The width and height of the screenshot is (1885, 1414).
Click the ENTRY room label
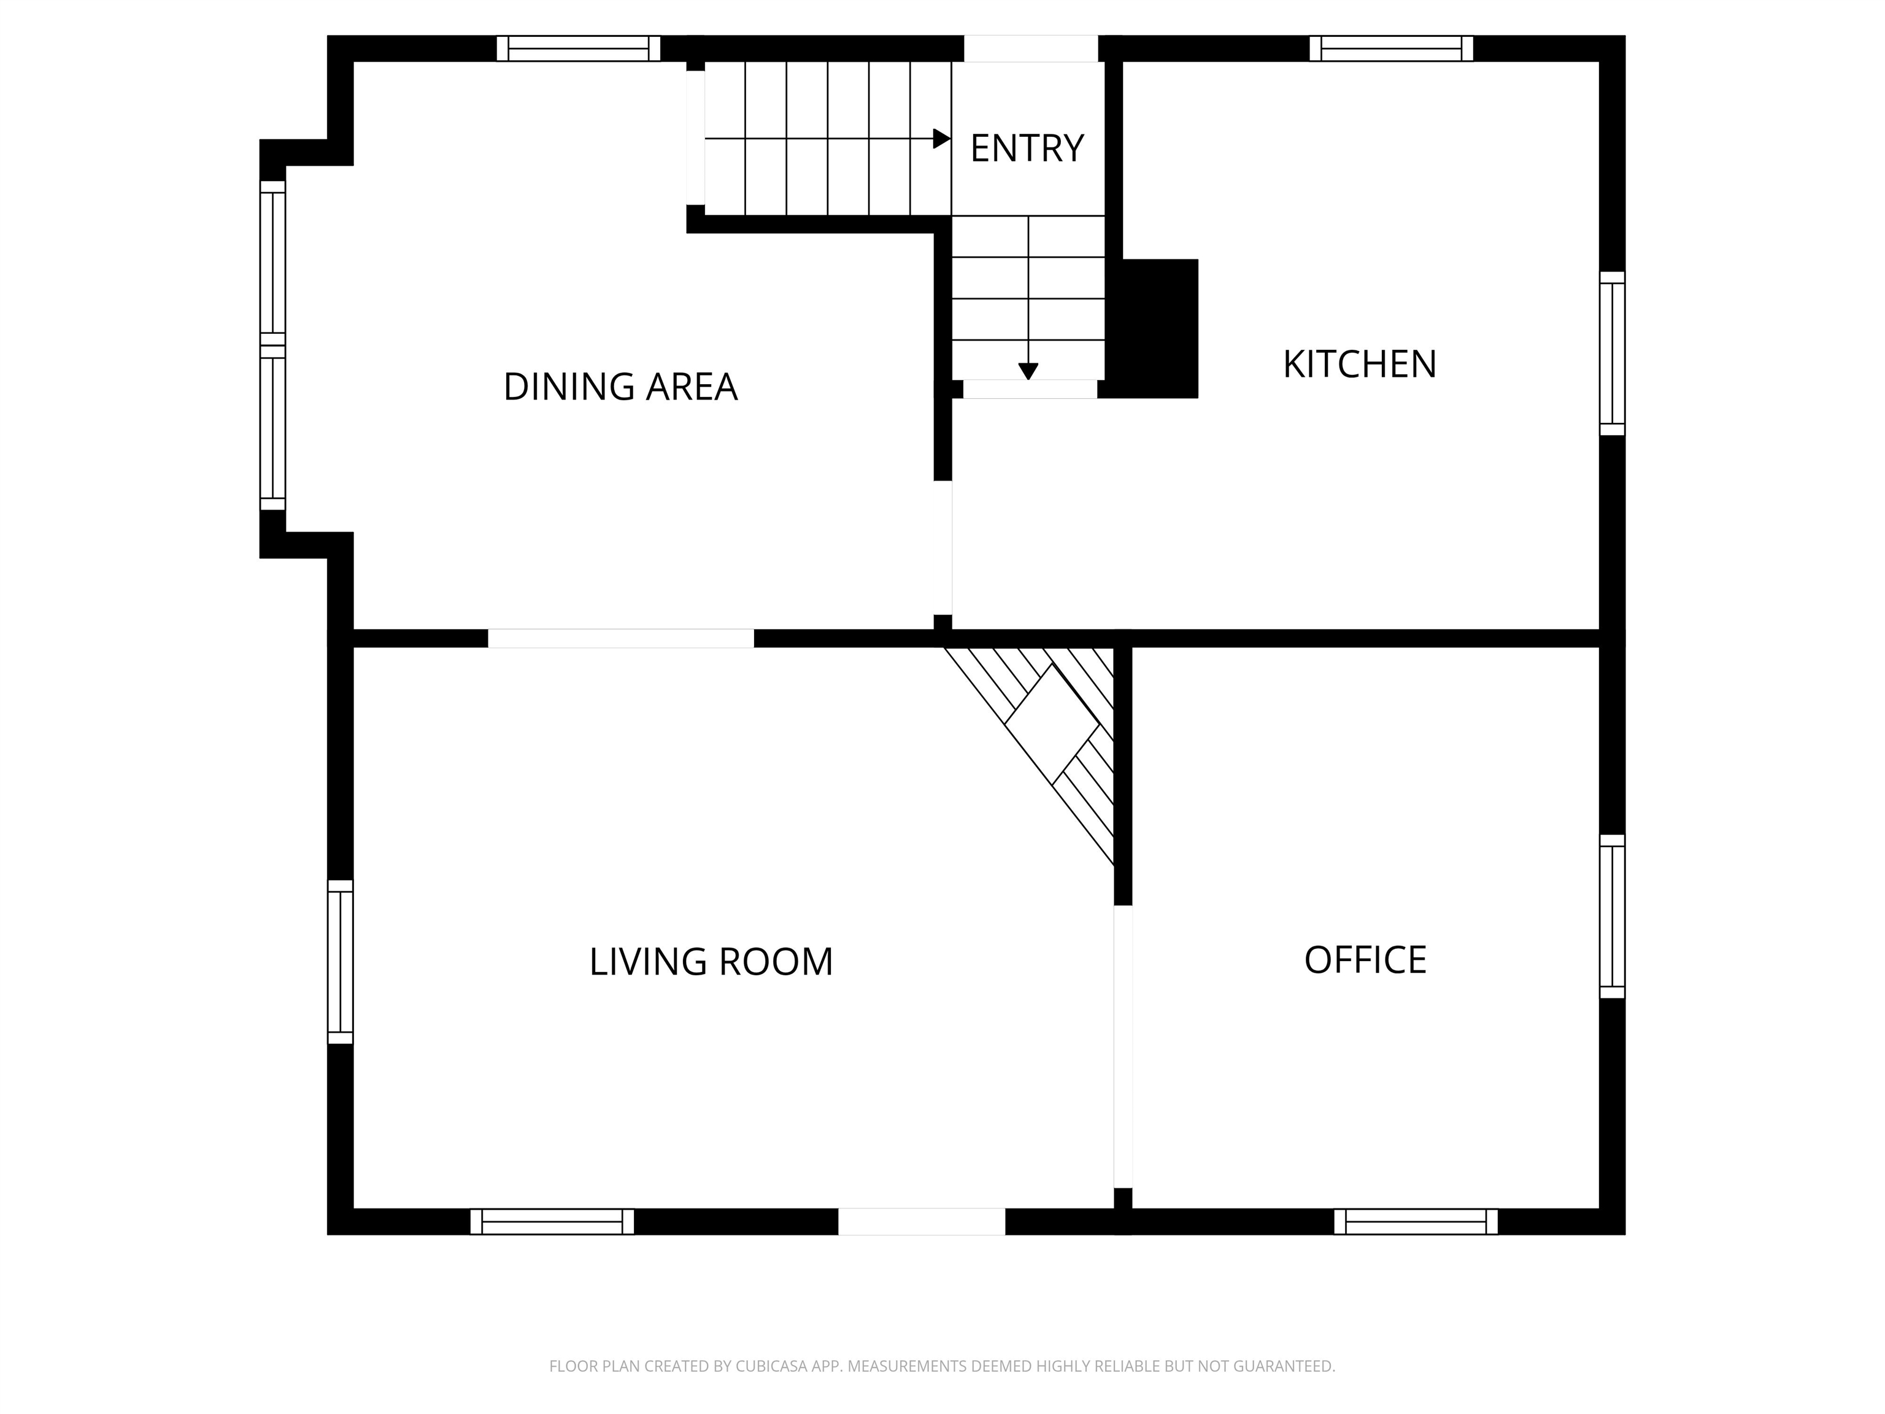pos(1026,149)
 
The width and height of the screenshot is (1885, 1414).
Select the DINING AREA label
pos(620,387)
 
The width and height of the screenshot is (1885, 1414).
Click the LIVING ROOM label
pos(711,962)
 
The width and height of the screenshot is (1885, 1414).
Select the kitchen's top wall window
pos(1391,48)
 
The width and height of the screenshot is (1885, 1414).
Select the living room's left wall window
pos(340,962)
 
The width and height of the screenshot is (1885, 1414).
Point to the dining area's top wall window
pos(579,48)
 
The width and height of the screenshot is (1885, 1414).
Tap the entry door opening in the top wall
pos(1030,48)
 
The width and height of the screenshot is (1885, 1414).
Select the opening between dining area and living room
pos(620,638)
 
